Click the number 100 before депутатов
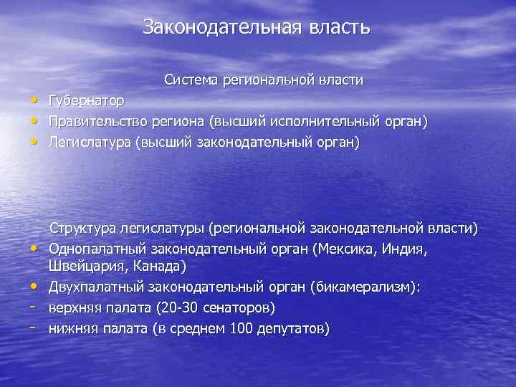pyautogui.click(x=243, y=328)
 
